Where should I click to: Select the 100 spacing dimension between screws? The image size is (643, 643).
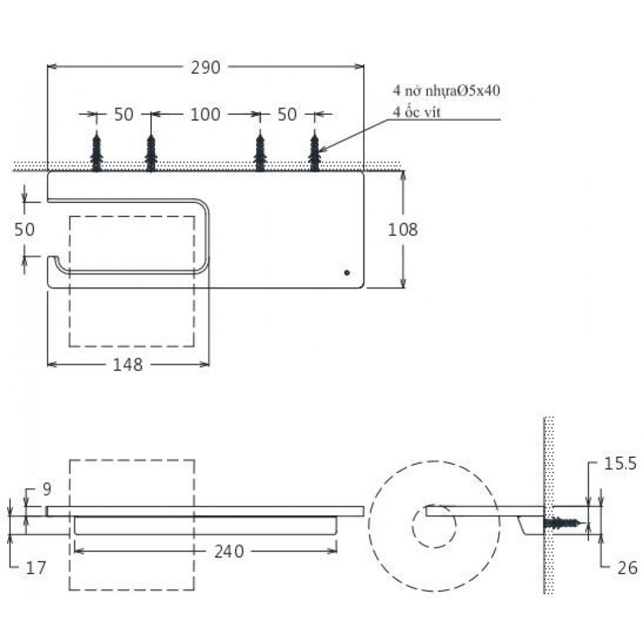[x=206, y=114]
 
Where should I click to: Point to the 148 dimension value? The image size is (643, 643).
[x=128, y=365]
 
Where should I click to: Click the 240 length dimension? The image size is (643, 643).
[x=230, y=551]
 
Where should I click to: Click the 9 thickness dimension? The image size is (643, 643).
[x=46, y=490]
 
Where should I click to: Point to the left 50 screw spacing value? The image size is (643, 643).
[x=123, y=114]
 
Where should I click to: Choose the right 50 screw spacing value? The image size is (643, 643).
[x=287, y=114]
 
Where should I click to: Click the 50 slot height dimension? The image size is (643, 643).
[x=25, y=230]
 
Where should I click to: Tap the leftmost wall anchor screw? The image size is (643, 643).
[x=96, y=153]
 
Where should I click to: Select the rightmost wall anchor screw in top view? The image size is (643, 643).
[x=314, y=153]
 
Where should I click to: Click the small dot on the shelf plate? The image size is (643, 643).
[x=347, y=273]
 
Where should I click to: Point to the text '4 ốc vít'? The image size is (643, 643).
[x=419, y=113]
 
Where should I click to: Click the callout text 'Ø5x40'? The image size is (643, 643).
[x=478, y=91]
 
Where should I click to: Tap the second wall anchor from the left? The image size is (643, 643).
[x=150, y=153]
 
